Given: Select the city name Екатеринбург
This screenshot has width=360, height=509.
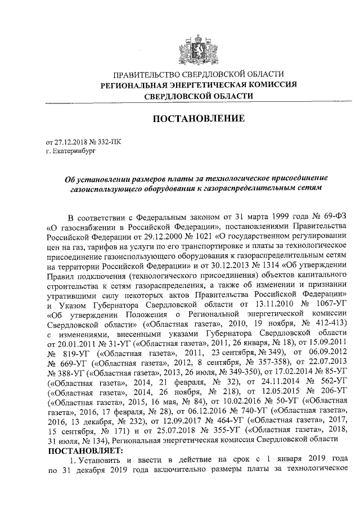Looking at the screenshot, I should pos(69,151).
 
